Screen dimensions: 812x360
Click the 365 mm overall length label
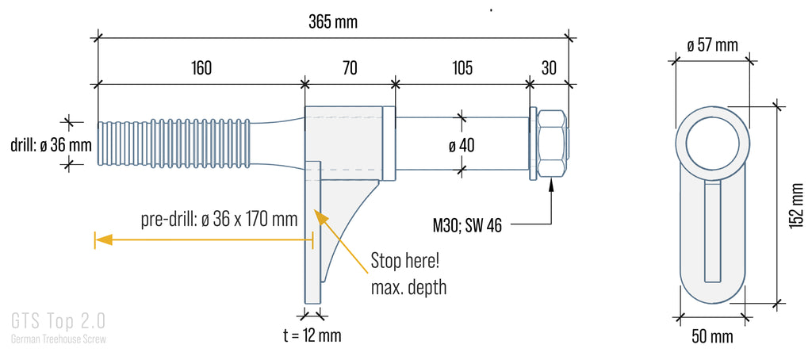[x=333, y=22]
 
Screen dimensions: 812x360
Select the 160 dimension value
[x=201, y=68]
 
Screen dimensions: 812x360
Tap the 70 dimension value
[x=350, y=68]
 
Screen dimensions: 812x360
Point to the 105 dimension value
[x=462, y=68]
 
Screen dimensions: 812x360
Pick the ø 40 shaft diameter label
[x=462, y=146]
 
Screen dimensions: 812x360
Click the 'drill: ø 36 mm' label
[x=52, y=145]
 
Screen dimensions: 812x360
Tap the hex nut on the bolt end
[x=553, y=144]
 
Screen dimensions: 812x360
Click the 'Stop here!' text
[x=405, y=261]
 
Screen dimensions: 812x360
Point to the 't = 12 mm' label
[x=312, y=335]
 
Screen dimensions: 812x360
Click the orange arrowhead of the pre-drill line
[x=104, y=239]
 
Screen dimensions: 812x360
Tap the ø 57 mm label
[x=713, y=45]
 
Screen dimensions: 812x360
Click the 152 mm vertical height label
[x=798, y=205]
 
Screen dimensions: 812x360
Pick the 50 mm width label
[x=713, y=337]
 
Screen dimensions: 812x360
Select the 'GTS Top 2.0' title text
[x=58, y=321]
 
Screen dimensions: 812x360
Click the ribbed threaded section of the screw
[x=175, y=144]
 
